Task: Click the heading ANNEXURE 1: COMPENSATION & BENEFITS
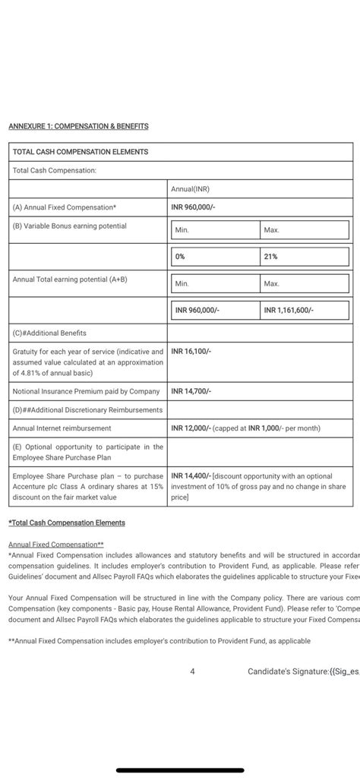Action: [78, 126]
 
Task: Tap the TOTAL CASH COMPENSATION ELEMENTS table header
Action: [81, 152]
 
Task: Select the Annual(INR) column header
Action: [191, 188]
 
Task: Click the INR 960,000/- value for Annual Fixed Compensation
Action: [194, 207]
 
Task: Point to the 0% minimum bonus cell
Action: [180, 257]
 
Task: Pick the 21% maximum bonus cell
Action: [270, 257]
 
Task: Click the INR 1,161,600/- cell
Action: [289, 310]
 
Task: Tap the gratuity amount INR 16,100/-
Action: [191, 352]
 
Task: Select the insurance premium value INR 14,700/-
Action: [191, 391]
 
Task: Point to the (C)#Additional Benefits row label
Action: [49, 333]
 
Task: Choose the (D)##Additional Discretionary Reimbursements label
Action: [87, 410]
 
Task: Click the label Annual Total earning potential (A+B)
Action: [70, 279]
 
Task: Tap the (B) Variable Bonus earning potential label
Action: [69, 226]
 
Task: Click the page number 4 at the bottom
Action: [193, 671]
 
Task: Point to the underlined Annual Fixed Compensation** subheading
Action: [56, 545]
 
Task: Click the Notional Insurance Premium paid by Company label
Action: [86, 391]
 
